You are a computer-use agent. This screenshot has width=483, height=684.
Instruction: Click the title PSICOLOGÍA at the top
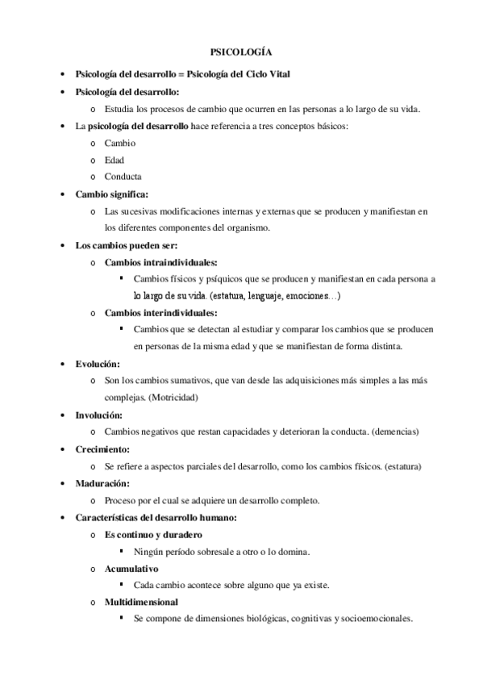241,51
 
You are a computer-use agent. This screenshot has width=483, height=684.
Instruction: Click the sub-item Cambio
121,143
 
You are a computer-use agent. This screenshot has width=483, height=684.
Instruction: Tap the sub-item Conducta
123,177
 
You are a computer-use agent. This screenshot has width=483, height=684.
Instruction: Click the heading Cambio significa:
111,194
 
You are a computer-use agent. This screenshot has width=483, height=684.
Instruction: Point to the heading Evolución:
98,363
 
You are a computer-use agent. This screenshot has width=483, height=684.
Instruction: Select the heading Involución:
98,415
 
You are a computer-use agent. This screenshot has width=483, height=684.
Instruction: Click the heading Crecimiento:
102,448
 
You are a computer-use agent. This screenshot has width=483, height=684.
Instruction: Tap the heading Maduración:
102,482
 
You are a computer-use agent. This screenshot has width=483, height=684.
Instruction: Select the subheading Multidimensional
142,602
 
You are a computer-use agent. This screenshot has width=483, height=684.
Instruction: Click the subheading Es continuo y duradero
153,534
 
